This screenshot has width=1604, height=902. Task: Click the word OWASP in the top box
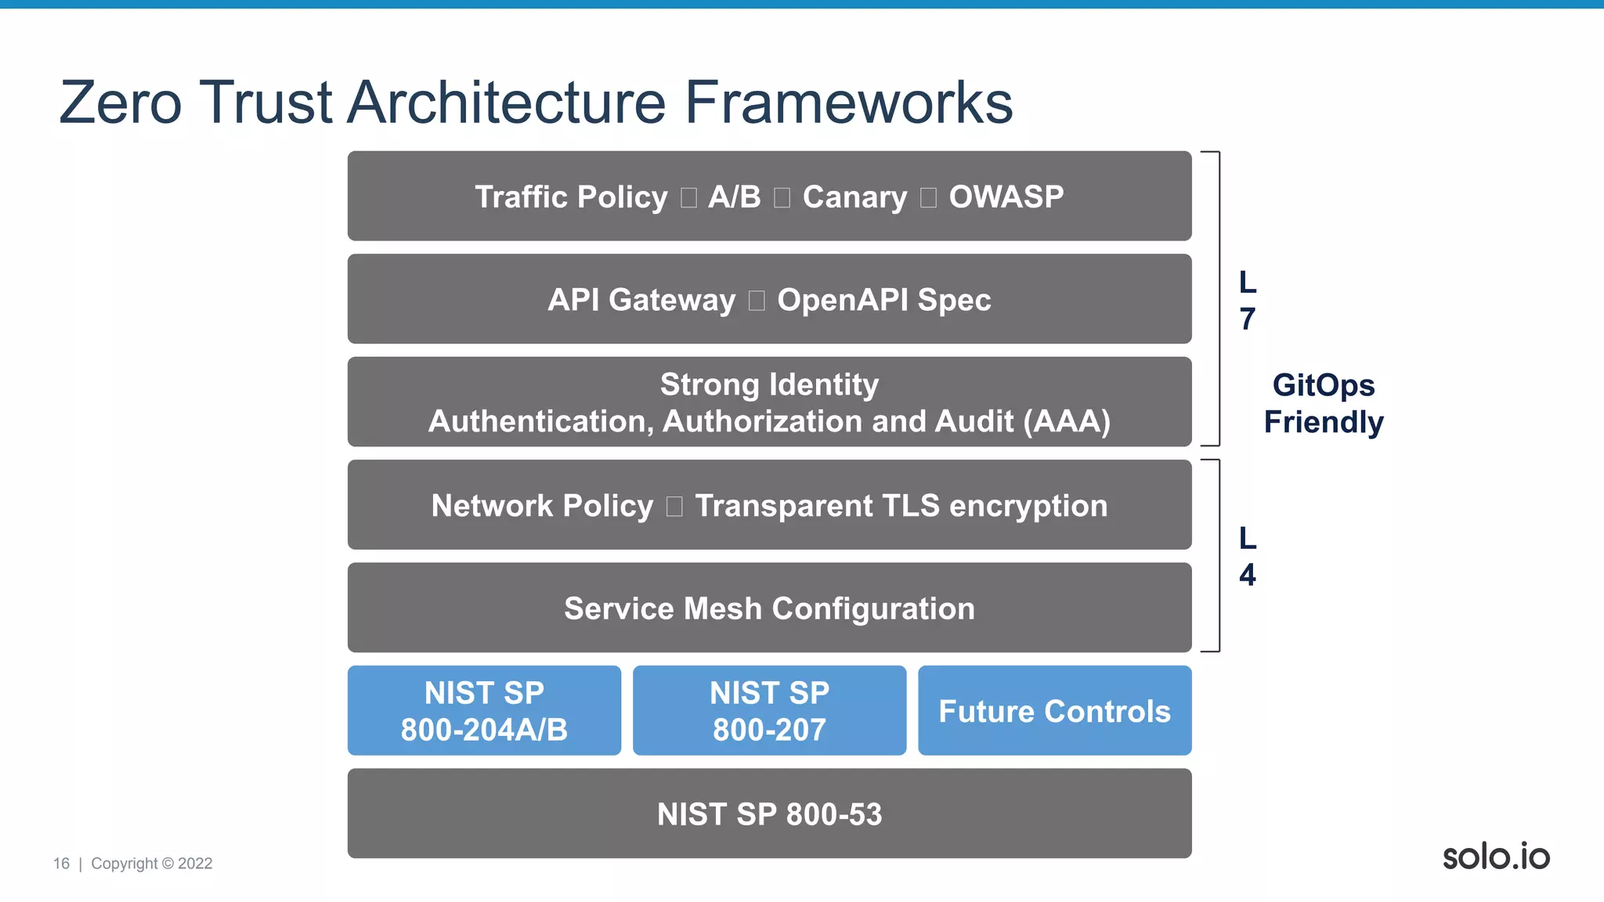(1006, 197)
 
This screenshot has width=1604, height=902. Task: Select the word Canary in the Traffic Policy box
(854, 197)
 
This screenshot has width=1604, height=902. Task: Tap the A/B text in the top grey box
(734, 197)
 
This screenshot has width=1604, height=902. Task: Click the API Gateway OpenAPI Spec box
(769, 299)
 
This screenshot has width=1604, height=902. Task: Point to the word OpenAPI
(843, 299)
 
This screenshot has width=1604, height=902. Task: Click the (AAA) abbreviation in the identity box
(1067, 421)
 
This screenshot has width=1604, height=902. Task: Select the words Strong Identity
(769, 384)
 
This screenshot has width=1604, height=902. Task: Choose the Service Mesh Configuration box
(769, 608)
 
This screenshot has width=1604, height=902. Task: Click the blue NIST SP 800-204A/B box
(484, 711)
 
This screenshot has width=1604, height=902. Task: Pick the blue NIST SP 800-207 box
(769, 711)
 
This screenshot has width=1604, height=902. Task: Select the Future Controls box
(1054, 711)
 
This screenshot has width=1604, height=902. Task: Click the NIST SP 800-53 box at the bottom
(769, 814)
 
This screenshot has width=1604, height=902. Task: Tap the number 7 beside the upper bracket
(1248, 319)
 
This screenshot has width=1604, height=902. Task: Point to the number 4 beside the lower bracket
(1248, 575)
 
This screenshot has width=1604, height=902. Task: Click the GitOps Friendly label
(1324, 403)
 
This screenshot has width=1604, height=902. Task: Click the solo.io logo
(1496, 856)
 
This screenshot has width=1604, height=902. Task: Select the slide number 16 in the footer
(61, 864)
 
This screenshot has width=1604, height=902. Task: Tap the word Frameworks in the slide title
(849, 103)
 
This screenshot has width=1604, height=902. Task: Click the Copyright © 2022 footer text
(152, 864)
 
